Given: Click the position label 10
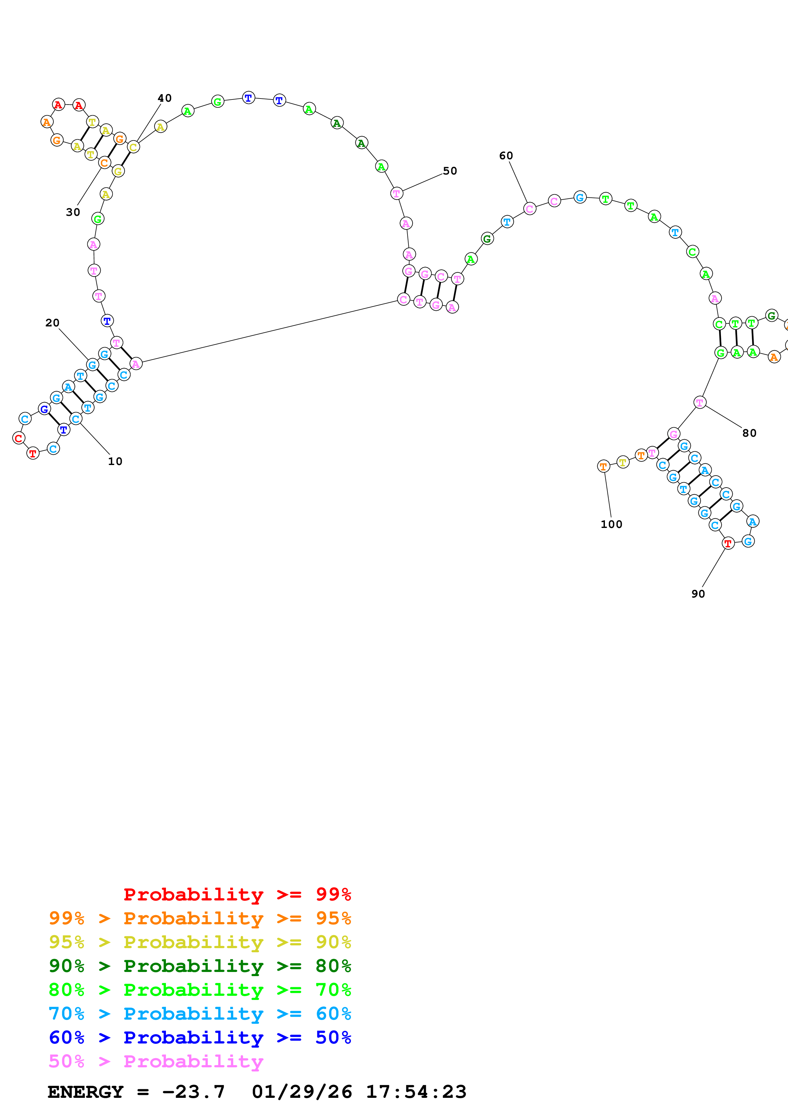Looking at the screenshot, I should point(115,461).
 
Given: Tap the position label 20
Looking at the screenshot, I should point(52,323).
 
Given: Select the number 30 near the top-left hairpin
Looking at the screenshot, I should point(73,212).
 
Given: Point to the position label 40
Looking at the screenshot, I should point(165,98).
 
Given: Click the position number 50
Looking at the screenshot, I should point(449,171).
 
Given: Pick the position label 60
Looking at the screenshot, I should point(506,155).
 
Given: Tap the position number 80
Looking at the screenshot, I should point(749,433).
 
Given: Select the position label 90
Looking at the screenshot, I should point(698,594).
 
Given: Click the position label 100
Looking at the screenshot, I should point(611,524).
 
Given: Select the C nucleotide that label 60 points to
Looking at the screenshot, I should point(530,209).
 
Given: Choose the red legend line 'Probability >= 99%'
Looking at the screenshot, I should point(237,894).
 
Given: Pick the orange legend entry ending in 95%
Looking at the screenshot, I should point(200,918).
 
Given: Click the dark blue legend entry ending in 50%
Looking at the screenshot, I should point(200,1037).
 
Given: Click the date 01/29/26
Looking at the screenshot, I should point(302,1092).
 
